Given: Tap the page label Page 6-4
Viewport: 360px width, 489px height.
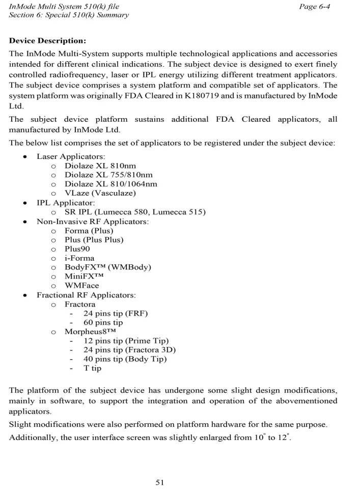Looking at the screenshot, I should click(x=315, y=6).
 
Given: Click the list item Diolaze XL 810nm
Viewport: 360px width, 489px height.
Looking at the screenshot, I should click(x=100, y=166).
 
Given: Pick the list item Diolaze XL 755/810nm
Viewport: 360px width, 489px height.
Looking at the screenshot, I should click(x=108, y=175).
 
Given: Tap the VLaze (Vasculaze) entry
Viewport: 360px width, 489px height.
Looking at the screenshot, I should click(x=100, y=193).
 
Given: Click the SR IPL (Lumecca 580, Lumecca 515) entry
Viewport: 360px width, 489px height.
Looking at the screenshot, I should click(x=135, y=212).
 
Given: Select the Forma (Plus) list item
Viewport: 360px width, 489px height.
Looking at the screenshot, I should click(x=89, y=230).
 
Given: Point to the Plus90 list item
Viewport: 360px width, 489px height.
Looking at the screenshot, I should click(x=77, y=249).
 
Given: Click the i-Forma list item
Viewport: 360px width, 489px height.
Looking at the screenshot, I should click(x=79, y=258).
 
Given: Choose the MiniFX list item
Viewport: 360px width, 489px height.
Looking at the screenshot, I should click(x=85, y=276).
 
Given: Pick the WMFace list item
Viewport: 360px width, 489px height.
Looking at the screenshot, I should click(x=82, y=286).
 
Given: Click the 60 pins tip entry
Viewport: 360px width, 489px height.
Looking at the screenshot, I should click(x=103, y=322).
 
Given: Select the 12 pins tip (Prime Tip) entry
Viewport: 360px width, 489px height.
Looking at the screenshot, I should click(x=126, y=341).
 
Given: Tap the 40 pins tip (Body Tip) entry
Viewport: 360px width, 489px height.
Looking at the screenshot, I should click(x=125, y=359).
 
